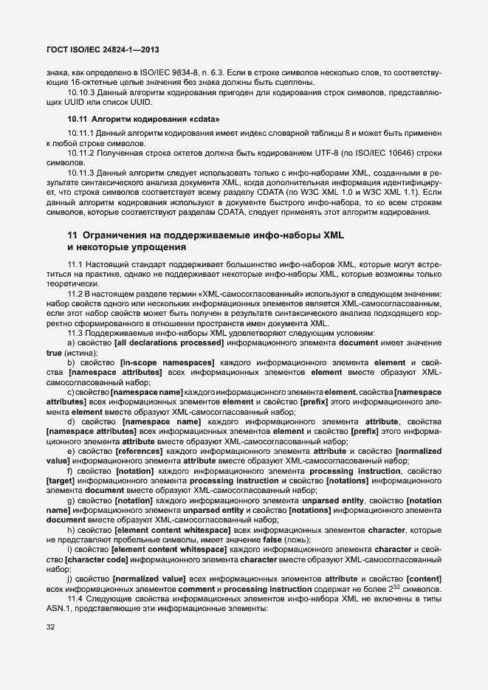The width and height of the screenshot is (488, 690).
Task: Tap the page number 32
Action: [51, 626]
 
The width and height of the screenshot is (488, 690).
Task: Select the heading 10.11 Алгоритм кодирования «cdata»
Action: [143, 119]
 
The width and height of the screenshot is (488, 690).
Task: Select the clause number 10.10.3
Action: [82, 92]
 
